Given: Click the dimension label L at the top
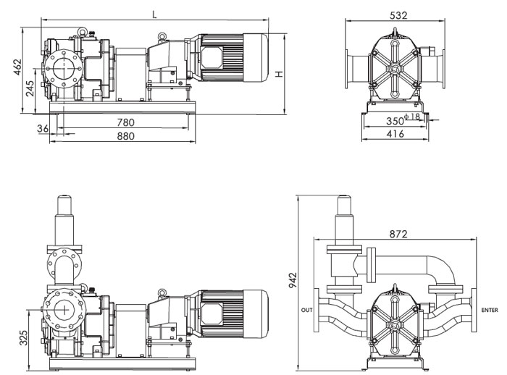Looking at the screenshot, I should point(154,14).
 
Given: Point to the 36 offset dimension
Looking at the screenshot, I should point(43,128).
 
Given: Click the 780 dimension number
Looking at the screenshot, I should point(125,122).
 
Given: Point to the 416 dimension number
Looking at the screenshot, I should point(394,134).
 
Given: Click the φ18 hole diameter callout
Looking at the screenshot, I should point(413,116).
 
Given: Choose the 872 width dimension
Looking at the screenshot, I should point(397,234).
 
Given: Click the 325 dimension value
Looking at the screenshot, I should point(23,338).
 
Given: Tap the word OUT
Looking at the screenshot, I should point(306,310).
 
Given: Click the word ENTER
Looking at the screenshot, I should point(490,310).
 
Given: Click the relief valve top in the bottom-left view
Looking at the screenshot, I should point(64,206).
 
